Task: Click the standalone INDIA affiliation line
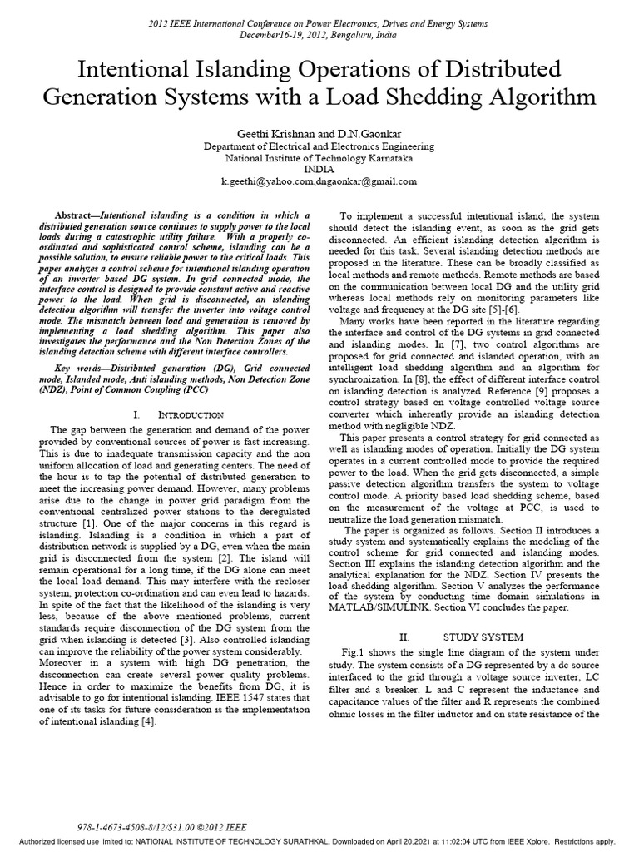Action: (319, 168)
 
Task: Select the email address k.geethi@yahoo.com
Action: (268, 181)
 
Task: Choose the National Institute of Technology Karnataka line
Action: (319, 156)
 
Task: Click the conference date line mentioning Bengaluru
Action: (319, 37)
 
